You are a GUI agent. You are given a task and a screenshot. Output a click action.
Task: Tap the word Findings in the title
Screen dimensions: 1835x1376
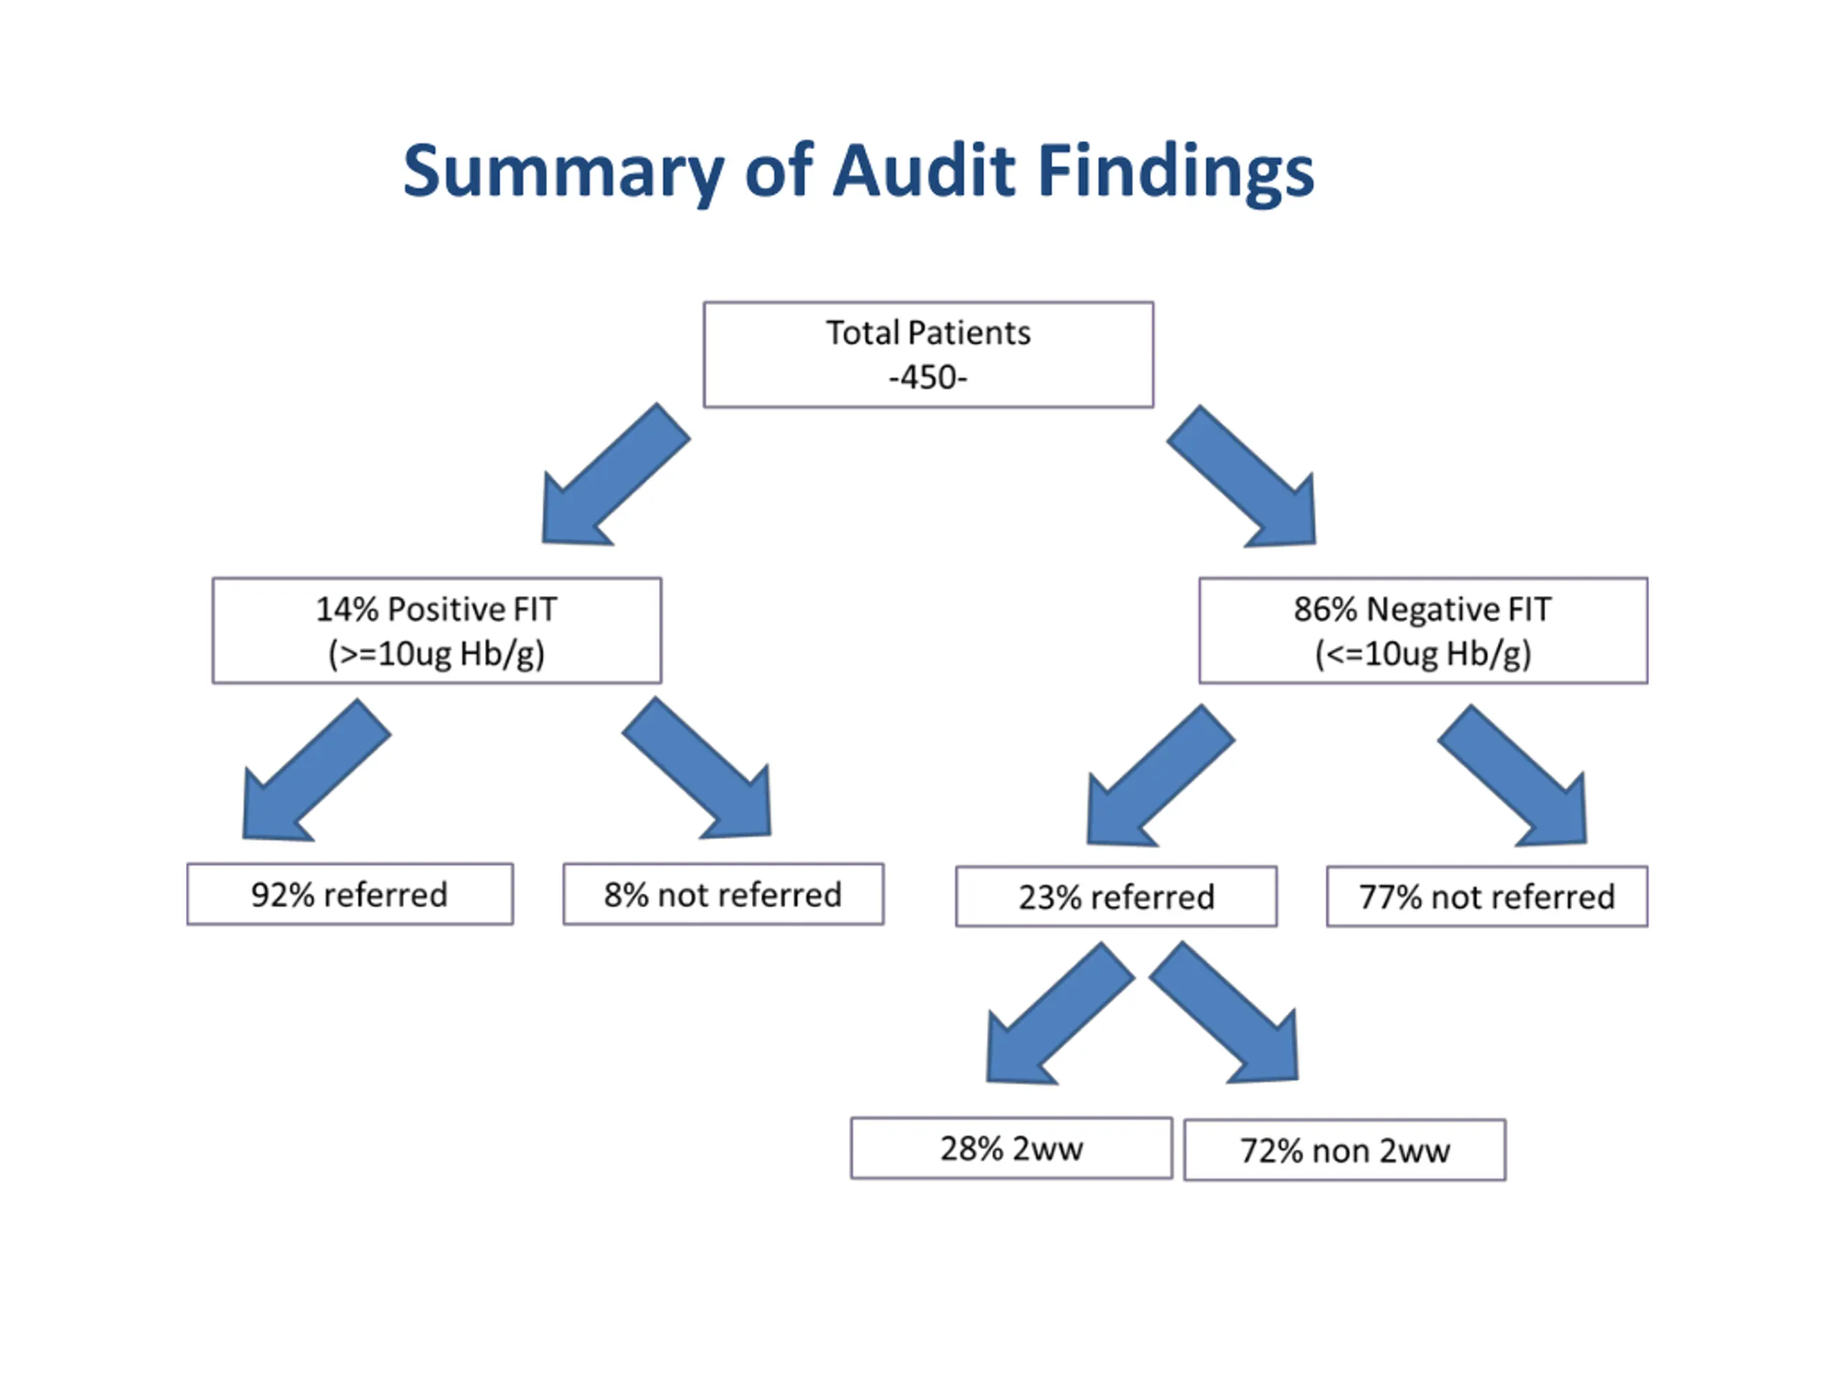[x=1176, y=172]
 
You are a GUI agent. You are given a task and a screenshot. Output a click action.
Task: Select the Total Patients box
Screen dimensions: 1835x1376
[x=928, y=354]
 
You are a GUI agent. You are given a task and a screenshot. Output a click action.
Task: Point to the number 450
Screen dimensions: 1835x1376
[x=928, y=378]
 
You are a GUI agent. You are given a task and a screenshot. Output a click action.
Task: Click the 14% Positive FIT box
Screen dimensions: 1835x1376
[x=437, y=631]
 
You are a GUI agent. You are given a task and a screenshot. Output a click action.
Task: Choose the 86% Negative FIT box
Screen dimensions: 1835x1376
[x=1423, y=631]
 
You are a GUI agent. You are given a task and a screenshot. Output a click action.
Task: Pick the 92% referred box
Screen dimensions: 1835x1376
[x=349, y=894]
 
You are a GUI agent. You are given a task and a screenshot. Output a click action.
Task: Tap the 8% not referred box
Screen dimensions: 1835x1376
[x=723, y=894]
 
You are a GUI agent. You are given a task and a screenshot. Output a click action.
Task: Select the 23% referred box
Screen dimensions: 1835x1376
[x=1116, y=897]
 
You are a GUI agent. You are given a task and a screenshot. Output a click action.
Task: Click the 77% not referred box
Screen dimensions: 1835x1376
[x=1487, y=897]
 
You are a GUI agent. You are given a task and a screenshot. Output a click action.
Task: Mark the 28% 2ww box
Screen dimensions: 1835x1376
[x=1011, y=1149]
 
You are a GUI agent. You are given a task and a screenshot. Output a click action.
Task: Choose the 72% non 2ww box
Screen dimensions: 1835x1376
[x=1345, y=1150]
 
